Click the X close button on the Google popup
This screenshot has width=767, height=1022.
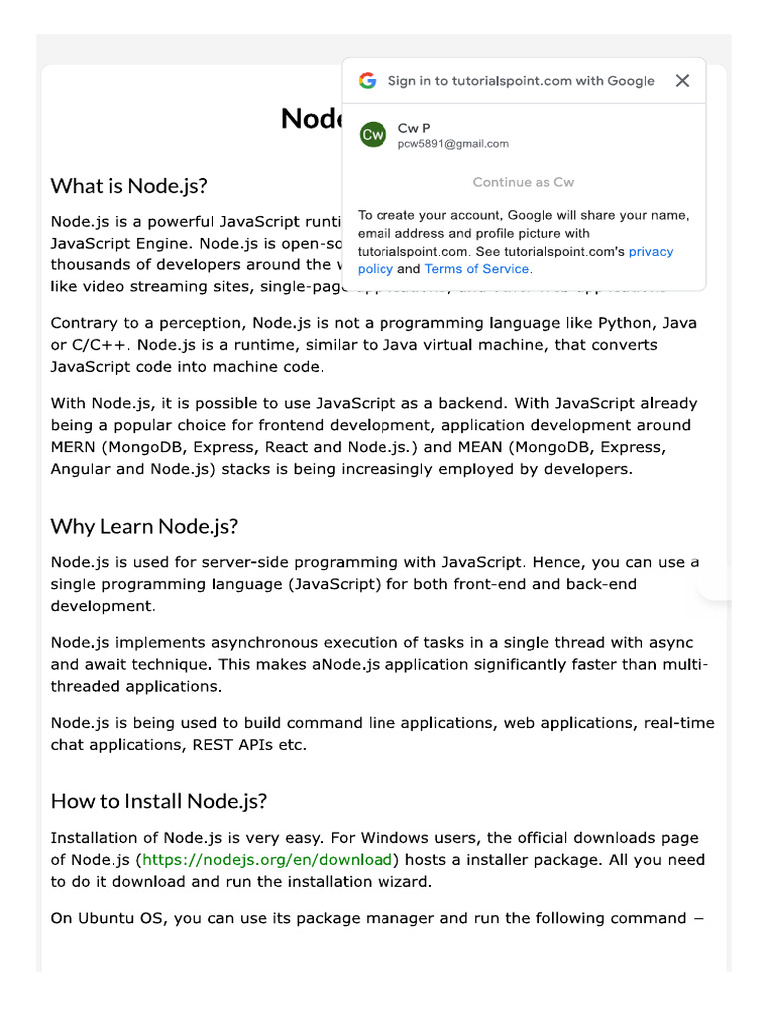pos(682,81)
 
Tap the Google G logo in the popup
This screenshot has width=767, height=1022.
pos(368,81)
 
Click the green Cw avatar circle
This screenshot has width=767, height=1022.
pos(373,134)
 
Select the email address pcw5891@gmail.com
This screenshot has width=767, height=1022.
pos(453,144)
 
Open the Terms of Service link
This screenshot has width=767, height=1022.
pos(478,269)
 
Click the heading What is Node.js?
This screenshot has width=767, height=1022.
pos(129,186)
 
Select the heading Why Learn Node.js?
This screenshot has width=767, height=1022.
pos(144,526)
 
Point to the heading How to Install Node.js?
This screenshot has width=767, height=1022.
pos(159,801)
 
